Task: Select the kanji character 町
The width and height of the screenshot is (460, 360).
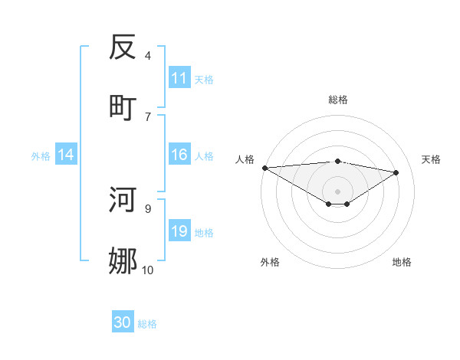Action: tap(123, 106)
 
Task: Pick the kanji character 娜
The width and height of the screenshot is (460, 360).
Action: tap(123, 260)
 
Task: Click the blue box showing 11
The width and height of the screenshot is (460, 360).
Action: tap(179, 78)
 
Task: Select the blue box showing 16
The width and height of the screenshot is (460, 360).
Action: tap(179, 155)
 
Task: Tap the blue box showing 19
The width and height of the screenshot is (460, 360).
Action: tap(179, 232)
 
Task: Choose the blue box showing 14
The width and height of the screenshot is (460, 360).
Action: tap(66, 155)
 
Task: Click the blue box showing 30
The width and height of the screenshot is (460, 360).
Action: tap(123, 323)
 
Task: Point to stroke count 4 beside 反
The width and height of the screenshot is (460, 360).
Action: tap(148, 55)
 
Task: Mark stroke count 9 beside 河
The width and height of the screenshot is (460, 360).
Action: tap(148, 208)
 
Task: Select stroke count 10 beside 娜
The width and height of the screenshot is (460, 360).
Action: tap(147, 269)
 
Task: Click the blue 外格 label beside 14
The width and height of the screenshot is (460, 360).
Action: tap(41, 156)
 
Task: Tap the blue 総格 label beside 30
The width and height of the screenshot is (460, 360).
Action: tap(148, 324)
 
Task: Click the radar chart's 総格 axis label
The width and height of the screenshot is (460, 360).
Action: tap(338, 100)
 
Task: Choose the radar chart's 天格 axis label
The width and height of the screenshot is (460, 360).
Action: tap(432, 159)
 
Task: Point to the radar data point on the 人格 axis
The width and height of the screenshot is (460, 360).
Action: tap(264, 168)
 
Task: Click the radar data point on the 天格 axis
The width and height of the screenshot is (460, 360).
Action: tap(396, 172)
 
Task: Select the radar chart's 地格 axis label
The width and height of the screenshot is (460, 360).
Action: tap(402, 262)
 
